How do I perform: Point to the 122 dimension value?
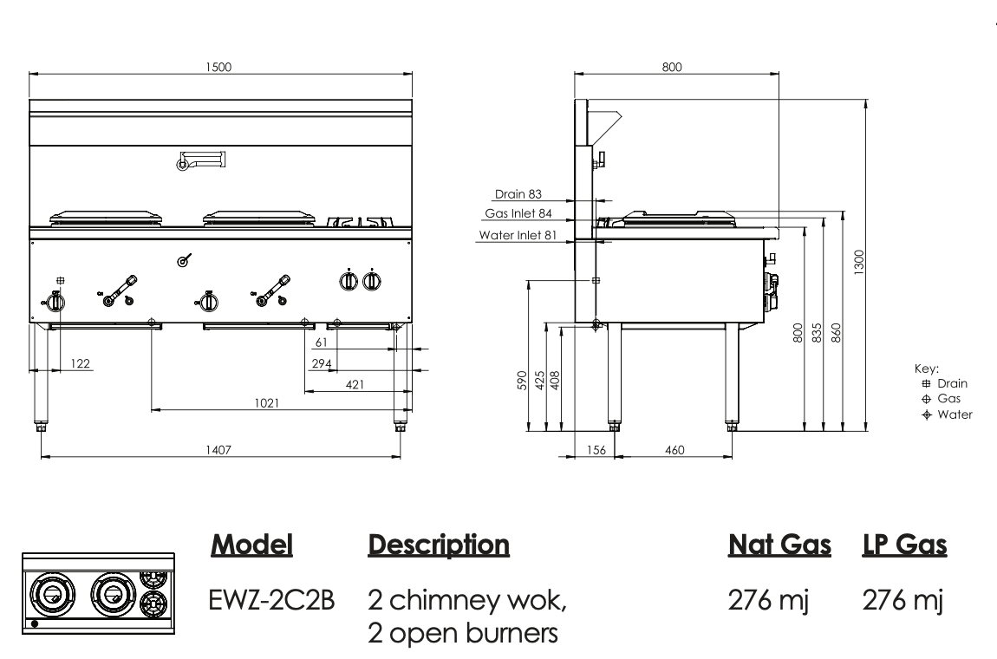[x=80, y=363]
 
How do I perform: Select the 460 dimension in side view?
[x=674, y=449]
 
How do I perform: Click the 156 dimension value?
[x=596, y=449]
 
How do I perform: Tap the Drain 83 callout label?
[x=518, y=194]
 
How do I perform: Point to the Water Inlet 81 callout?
[x=518, y=235]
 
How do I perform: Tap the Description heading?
[x=438, y=545]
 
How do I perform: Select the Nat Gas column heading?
[x=779, y=545]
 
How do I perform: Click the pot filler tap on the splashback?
[x=202, y=160]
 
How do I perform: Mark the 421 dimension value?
[x=355, y=383]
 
